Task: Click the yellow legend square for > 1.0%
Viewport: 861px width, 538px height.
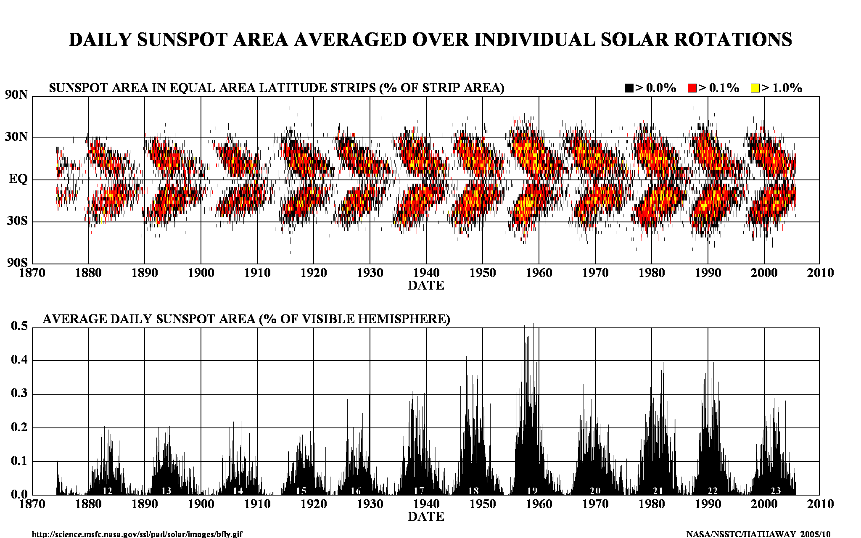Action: [x=755, y=88]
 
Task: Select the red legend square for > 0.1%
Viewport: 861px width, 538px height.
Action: [x=692, y=88]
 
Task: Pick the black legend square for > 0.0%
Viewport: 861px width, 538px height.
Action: [x=629, y=88]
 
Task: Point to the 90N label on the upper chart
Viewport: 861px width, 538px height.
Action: [x=16, y=95]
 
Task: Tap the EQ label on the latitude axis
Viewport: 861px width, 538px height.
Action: [x=18, y=179]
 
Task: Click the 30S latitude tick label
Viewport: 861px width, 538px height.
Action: [x=17, y=221]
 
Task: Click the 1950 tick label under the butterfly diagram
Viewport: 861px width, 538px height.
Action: [x=483, y=273]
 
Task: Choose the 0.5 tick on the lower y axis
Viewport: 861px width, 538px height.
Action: [x=19, y=326]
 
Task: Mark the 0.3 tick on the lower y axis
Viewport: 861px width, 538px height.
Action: [x=19, y=393]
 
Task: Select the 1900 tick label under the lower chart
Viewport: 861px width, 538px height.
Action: [x=201, y=504]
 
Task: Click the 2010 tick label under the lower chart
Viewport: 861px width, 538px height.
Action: [x=820, y=504]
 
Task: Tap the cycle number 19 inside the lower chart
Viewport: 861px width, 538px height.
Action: [x=532, y=491]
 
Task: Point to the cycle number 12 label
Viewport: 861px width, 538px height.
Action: [x=107, y=491]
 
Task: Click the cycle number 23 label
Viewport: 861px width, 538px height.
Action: [x=775, y=491]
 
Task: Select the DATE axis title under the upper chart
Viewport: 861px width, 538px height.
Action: [x=426, y=286]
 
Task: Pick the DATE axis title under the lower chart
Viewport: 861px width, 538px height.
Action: [x=426, y=517]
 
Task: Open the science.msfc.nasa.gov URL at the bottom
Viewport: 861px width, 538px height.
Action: [x=137, y=534]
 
